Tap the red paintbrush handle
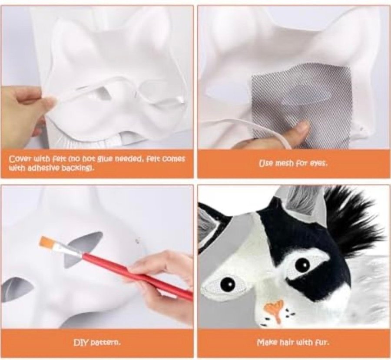(137, 275)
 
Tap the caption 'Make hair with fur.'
(293, 343)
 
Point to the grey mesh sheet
(302, 105)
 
